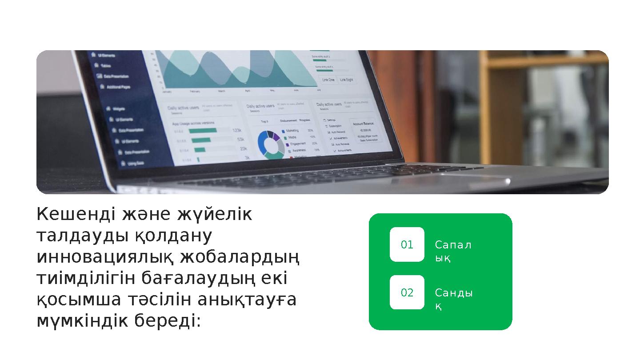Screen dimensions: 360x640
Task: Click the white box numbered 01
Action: coord(407,244)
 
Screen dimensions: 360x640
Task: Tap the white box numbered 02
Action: coord(407,292)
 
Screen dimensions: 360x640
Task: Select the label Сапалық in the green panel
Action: coord(452,251)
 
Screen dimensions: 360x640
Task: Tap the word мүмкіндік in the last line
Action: coord(76,321)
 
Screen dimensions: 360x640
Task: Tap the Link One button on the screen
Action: coord(328,80)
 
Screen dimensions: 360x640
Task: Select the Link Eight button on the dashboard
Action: coord(347,80)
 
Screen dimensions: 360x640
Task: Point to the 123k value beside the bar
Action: coord(237,131)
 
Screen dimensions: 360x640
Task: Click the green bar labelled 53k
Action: coord(201,140)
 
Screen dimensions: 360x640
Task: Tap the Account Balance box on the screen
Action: coord(364,131)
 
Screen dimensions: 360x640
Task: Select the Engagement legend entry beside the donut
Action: coord(295,144)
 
